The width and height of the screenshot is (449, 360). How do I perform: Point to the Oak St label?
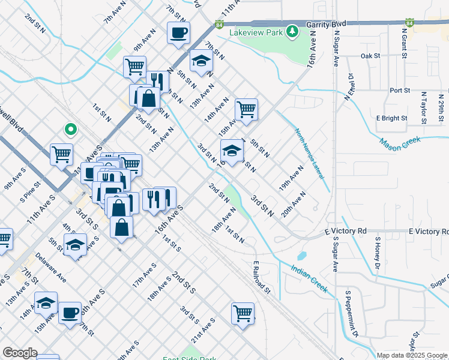(370, 56)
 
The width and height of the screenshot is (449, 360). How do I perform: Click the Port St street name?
(399, 91)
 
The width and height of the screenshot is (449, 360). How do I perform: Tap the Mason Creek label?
(401, 143)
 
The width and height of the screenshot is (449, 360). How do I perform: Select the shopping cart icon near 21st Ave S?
(243, 313)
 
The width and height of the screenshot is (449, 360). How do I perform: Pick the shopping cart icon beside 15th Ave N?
(246, 110)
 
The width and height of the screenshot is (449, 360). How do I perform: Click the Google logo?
(20, 353)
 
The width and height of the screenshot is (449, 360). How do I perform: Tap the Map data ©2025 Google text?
(412, 355)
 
